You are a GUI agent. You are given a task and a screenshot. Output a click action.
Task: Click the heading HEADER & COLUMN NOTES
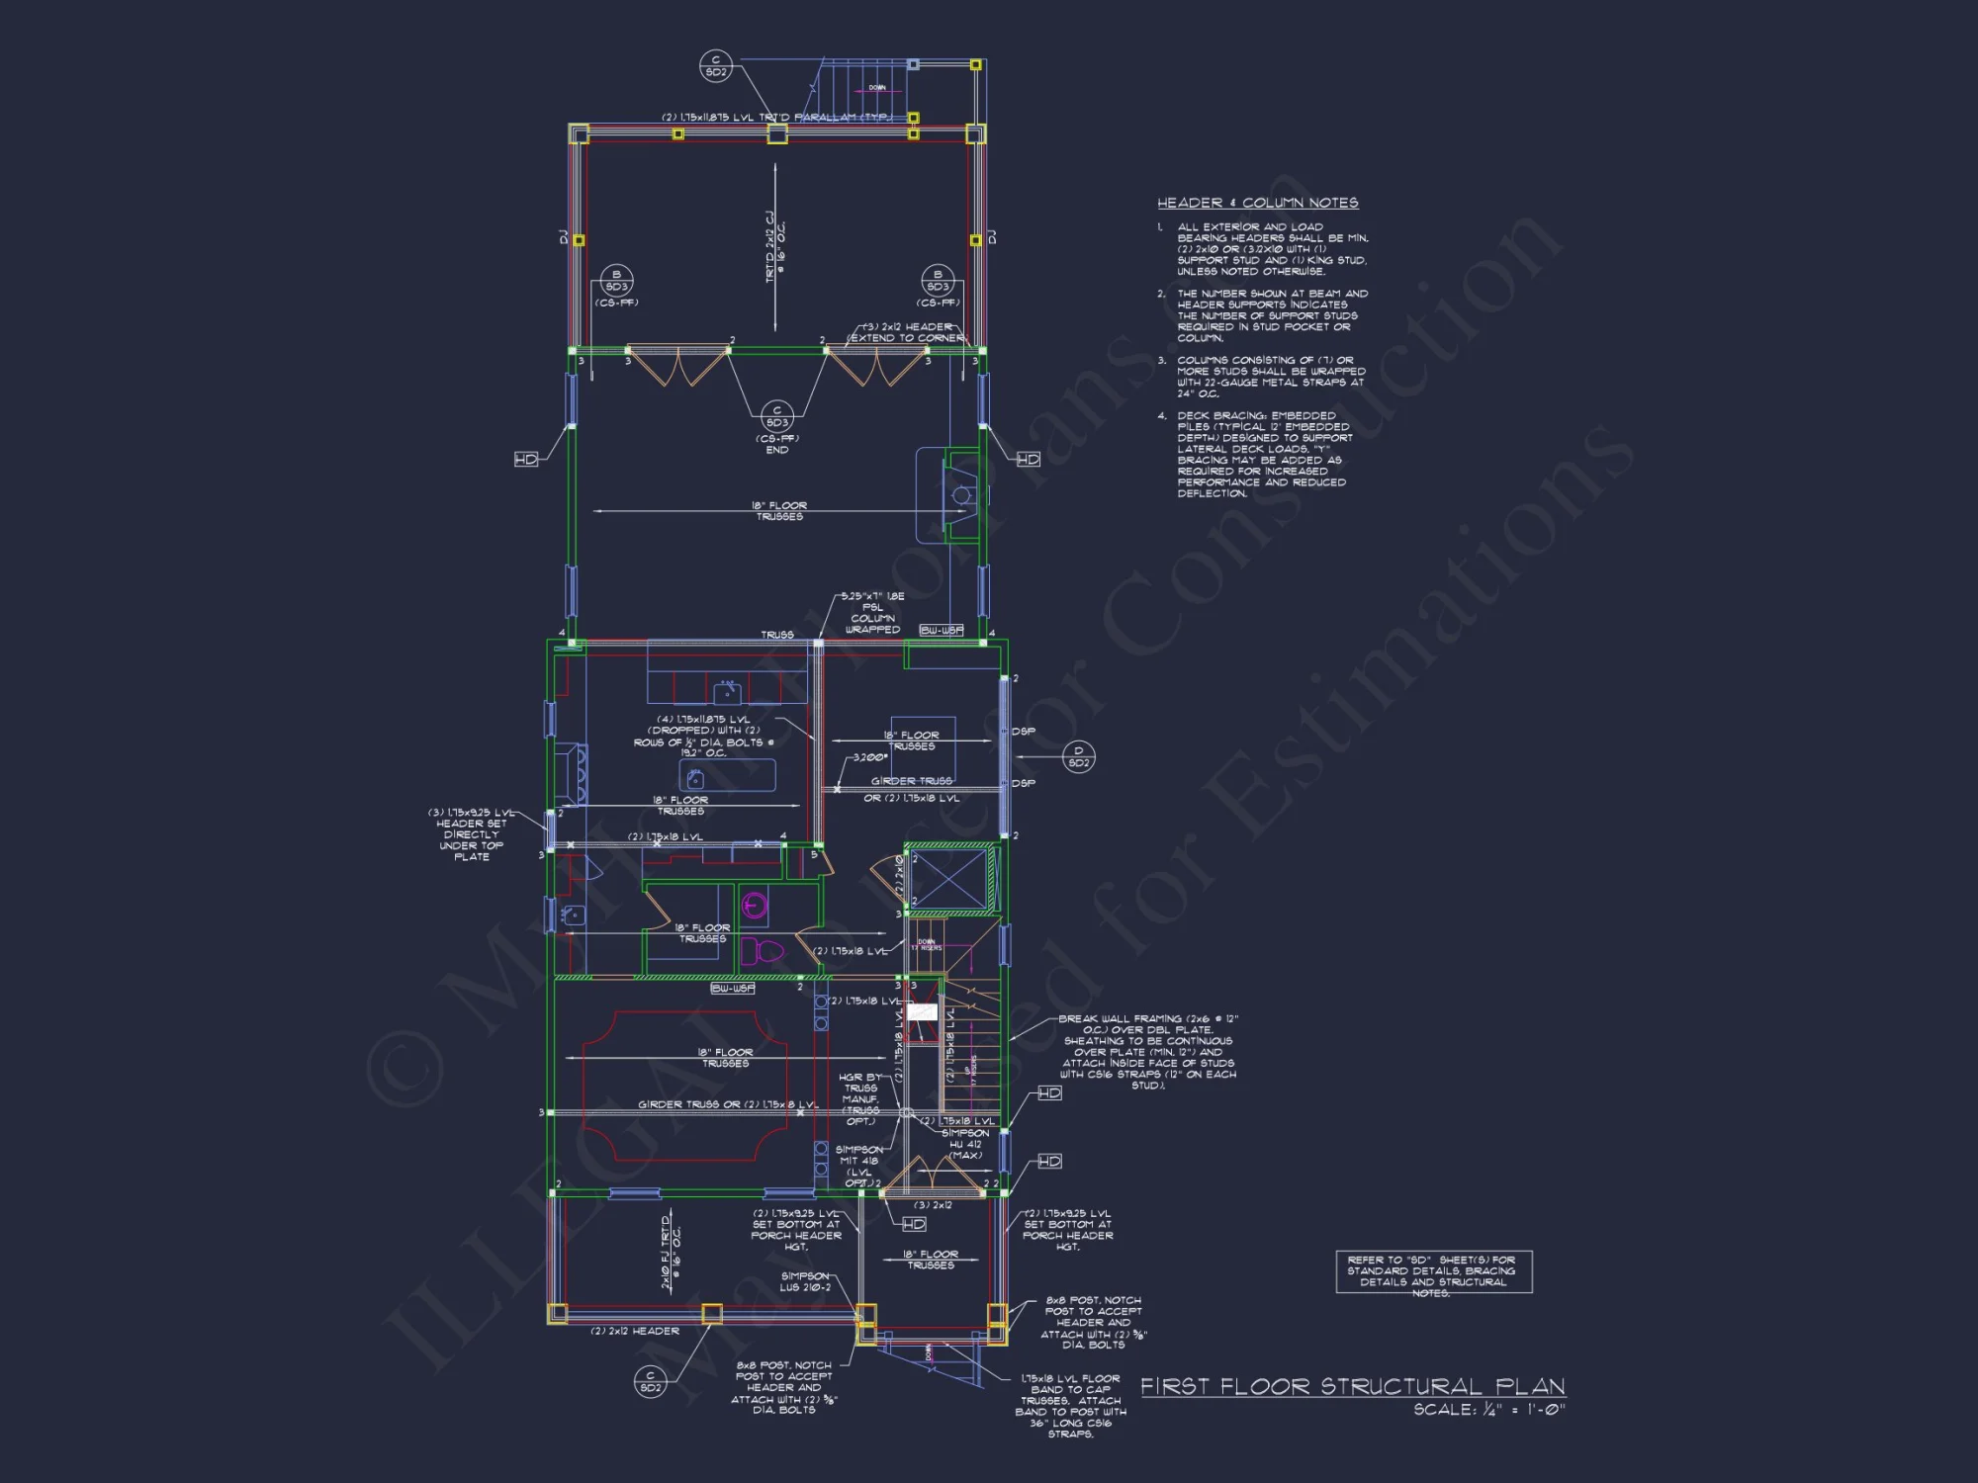(1258, 203)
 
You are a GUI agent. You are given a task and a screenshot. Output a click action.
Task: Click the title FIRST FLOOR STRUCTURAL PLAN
(1353, 1386)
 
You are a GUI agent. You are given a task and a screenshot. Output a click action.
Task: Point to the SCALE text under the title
(1489, 1410)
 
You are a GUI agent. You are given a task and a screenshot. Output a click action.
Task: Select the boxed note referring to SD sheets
(1433, 1272)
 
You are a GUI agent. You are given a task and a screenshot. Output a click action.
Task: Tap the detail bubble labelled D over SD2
(1079, 756)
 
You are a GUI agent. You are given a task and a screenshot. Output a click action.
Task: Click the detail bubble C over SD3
(777, 416)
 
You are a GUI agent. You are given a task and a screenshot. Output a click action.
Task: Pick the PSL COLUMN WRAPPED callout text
(872, 613)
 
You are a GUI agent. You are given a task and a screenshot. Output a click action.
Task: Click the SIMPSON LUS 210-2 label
(805, 1281)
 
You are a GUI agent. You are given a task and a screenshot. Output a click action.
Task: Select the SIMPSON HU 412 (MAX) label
(965, 1144)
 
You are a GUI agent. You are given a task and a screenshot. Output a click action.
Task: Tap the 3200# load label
(870, 757)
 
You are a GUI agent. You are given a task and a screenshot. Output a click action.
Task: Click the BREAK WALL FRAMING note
(1147, 1052)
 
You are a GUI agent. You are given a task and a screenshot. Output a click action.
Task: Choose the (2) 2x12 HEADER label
(635, 1331)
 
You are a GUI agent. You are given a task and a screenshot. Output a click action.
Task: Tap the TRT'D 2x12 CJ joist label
(775, 247)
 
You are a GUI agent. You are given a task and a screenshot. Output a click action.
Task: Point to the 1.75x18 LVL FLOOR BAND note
(1071, 1406)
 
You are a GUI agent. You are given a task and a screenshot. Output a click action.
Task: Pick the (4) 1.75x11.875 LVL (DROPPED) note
(704, 737)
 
